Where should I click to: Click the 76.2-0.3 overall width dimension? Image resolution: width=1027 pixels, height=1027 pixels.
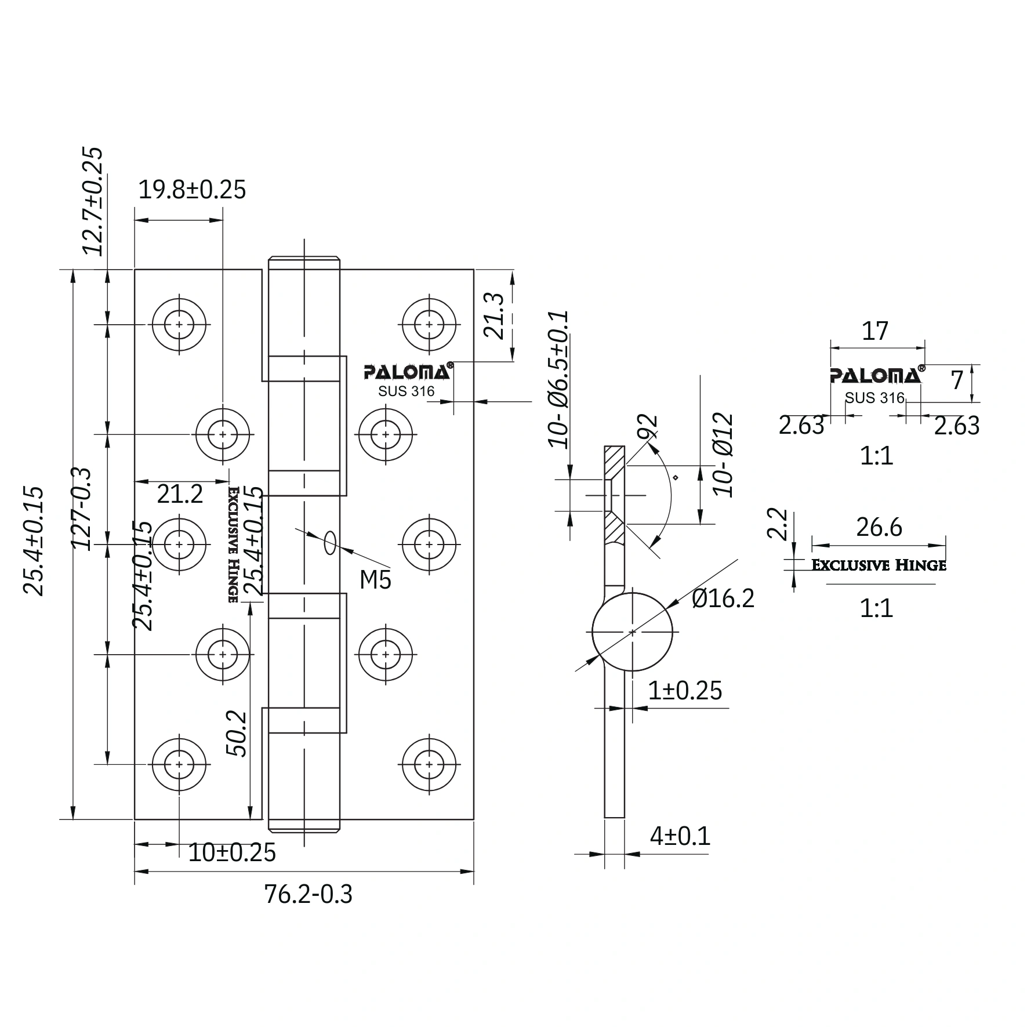(x=308, y=894)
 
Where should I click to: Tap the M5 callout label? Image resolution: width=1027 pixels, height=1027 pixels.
(x=375, y=579)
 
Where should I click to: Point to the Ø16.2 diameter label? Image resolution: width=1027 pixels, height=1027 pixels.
(x=723, y=598)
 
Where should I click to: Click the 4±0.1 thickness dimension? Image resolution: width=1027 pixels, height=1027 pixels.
(x=680, y=836)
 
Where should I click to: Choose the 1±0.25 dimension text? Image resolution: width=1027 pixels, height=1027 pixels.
(x=685, y=690)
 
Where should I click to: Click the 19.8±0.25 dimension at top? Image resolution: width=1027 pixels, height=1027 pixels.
(x=192, y=190)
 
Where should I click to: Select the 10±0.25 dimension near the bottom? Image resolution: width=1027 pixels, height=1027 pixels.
(x=232, y=852)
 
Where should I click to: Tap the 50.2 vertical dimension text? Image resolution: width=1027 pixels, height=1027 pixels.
(x=237, y=734)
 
